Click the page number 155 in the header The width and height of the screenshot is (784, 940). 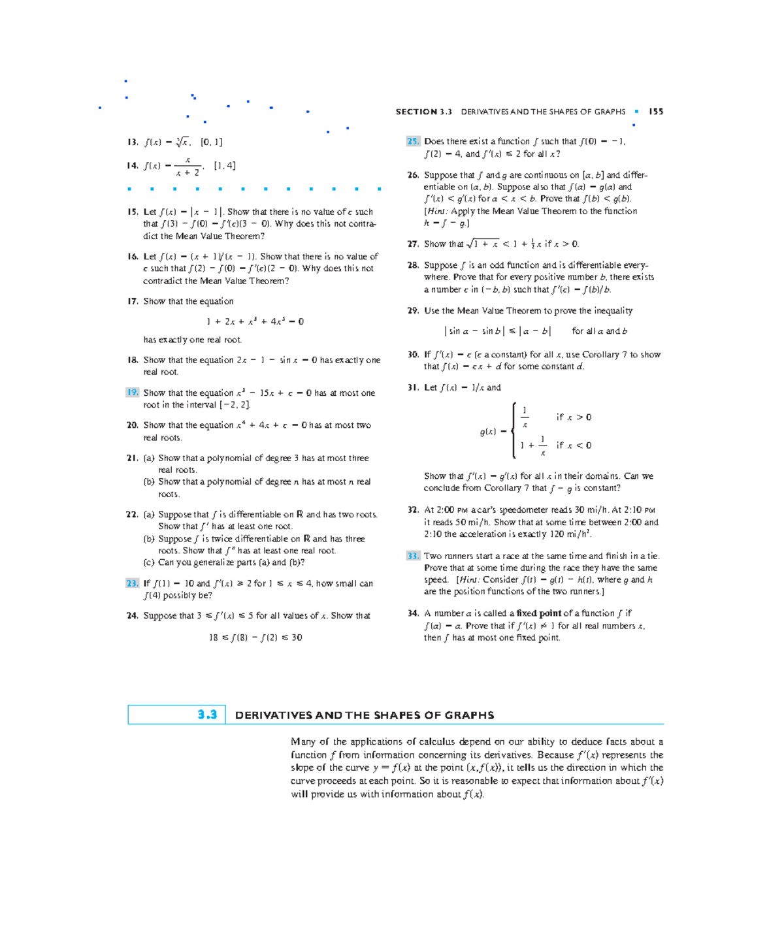(x=656, y=112)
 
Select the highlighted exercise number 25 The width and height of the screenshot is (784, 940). (x=413, y=141)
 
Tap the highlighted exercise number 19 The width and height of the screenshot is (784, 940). (x=133, y=393)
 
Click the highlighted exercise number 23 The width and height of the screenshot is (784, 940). (x=133, y=583)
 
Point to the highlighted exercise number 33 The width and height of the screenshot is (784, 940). (x=413, y=556)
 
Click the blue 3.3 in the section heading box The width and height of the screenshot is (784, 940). (x=207, y=715)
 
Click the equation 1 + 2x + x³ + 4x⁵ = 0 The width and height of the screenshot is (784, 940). (x=255, y=321)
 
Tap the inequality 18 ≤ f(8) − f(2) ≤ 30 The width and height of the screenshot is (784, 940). (x=255, y=638)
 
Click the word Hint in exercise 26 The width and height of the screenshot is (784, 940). (x=437, y=211)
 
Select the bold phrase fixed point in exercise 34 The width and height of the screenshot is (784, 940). (x=538, y=613)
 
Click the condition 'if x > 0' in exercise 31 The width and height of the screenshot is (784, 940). (x=574, y=417)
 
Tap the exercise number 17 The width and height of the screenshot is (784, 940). (x=133, y=301)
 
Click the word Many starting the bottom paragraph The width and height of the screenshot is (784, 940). (x=302, y=741)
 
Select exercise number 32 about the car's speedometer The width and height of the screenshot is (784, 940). (x=413, y=510)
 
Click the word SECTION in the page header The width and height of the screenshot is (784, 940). (x=416, y=112)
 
